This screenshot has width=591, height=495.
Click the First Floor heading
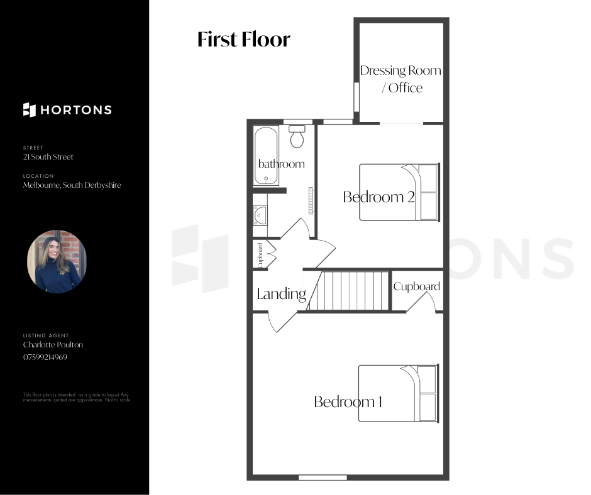click(244, 39)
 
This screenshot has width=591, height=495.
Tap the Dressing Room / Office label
click(400, 79)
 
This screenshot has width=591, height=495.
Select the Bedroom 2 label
click(378, 197)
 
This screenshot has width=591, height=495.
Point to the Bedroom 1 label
click(348, 401)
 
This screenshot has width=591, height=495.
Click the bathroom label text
click(281, 163)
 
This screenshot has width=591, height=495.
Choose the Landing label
click(282, 294)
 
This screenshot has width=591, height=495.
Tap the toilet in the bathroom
click(297, 136)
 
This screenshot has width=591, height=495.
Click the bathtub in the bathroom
click(266, 156)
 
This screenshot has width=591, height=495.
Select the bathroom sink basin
click(260, 215)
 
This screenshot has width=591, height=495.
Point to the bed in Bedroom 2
click(399, 192)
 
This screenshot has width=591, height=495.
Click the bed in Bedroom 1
click(399, 393)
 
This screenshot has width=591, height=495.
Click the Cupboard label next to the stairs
click(416, 286)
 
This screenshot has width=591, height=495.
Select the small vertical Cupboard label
click(260, 256)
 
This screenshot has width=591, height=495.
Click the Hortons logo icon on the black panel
click(30, 110)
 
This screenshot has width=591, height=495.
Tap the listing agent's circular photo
click(57, 261)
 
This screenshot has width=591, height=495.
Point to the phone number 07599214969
click(45, 357)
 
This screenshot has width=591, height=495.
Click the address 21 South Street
click(48, 156)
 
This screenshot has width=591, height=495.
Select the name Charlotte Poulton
click(53, 345)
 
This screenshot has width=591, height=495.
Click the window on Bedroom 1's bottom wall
click(323, 477)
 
